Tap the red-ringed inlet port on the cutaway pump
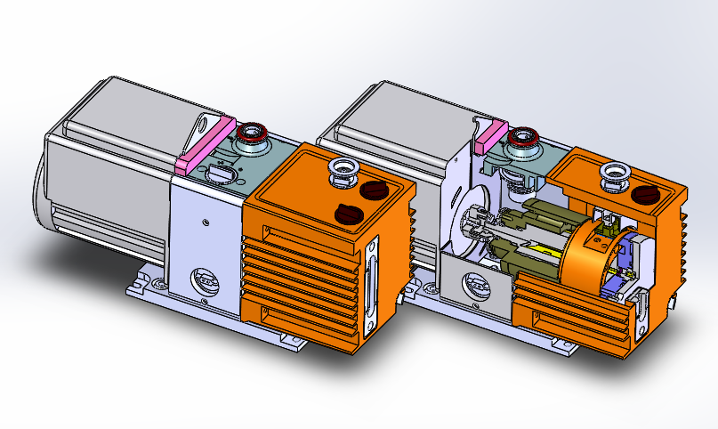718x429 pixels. pos(525,139)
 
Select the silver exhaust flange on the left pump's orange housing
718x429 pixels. pos(343,170)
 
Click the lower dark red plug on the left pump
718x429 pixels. pos(348,213)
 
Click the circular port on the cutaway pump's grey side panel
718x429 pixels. pos(472,287)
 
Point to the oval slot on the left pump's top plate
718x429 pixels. pos(219,173)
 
